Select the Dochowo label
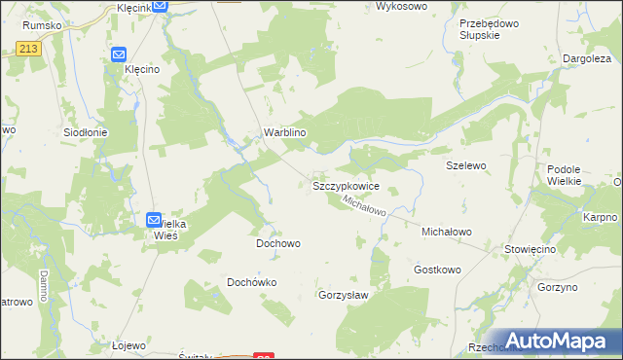[277, 243]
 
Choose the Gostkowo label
[436, 269]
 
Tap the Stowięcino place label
[530, 249]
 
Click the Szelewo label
[465, 165]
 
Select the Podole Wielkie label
[564, 175]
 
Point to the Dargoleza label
[587, 58]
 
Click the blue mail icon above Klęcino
[119, 55]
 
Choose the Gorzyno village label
[557, 288]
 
